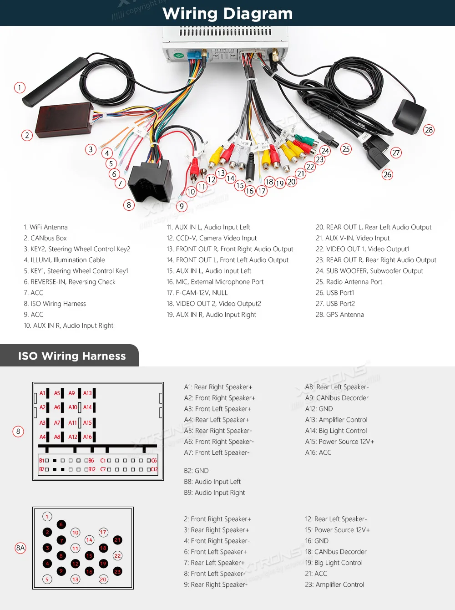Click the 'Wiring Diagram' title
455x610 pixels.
click(227, 14)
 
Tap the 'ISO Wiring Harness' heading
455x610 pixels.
click(72, 356)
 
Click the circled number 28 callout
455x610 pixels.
click(429, 130)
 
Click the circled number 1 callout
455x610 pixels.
click(20, 87)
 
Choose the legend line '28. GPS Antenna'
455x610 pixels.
click(340, 315)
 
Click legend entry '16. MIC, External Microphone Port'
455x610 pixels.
click(215, 282)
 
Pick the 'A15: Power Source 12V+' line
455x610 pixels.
click(339, 442)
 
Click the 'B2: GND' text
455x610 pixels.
click(196, 471)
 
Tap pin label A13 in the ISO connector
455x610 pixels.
click(87, 393)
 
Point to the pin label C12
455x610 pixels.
click(154, 469)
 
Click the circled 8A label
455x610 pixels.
click(20, 548)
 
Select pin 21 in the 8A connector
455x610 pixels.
click(117, 540)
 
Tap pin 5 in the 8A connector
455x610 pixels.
click(47, 579)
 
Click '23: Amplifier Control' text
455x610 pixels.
click(334, 585)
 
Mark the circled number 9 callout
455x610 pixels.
click(182, 206)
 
